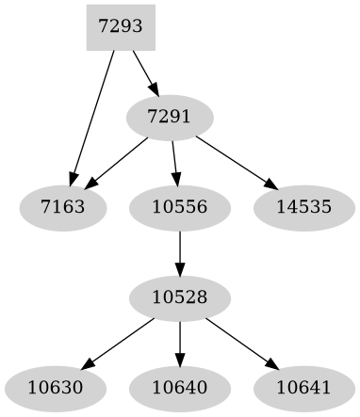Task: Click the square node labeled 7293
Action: click(120, 26)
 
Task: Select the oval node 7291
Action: click(170, 117)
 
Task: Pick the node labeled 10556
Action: click(179, 206)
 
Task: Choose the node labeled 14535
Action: click(303, 206)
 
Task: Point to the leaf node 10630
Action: click(56, 387)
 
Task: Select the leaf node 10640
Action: click(179, 387)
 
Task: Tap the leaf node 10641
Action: click(303, 387)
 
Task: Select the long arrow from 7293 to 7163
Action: click(92, 117)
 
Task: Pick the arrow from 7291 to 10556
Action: click(174, 160)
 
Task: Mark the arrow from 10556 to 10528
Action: click(179, 251)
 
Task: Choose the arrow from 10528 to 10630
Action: click(120, 342)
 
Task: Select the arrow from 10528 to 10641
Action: click(240, 342)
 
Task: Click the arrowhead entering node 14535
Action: click(270, 184)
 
